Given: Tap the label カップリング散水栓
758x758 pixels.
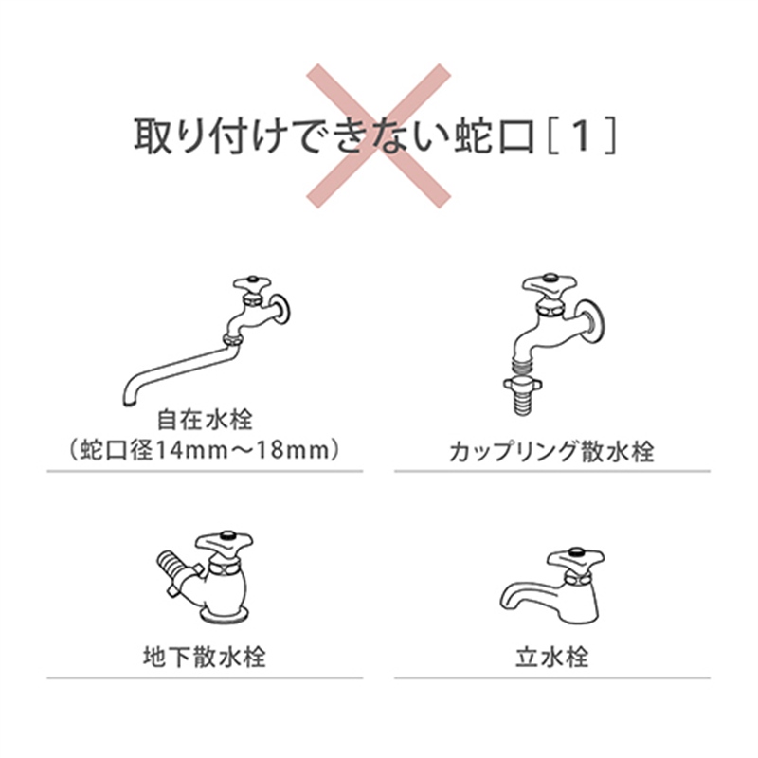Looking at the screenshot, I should click(551, 451).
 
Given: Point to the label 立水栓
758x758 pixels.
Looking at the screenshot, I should click(551, 656).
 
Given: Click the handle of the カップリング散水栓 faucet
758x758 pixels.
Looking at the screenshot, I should click(547, 281).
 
